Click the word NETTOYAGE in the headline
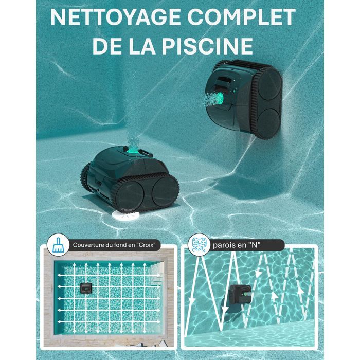pos(116,17)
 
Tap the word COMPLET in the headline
pos(242,17)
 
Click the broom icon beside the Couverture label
pos(58,245)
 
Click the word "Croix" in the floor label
pos(145,245)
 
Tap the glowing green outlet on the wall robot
pos(220,98)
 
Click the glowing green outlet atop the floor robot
pos(132,150)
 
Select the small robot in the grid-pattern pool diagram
pos(86,288)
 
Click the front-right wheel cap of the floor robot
pos(165,191)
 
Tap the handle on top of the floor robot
pos(146,153)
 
